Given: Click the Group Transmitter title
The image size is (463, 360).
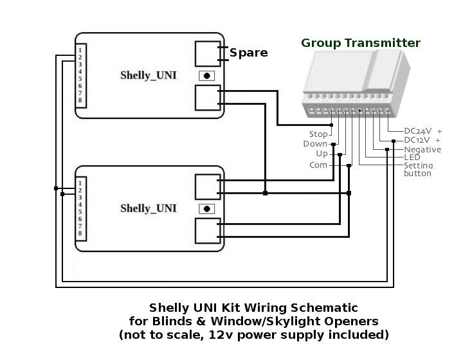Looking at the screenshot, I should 361,44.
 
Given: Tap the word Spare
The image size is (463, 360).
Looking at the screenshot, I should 248,53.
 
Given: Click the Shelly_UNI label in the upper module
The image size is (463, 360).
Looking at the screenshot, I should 149,75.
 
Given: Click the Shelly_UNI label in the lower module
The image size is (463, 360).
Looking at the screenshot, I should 149,208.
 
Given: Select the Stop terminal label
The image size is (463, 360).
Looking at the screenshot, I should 318,134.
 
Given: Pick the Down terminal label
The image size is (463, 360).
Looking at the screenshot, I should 315,144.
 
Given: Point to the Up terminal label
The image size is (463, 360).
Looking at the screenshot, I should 322,154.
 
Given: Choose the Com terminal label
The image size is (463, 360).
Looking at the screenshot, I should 318,165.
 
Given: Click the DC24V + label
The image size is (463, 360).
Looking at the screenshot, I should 422,130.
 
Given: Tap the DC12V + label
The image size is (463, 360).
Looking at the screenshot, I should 422,140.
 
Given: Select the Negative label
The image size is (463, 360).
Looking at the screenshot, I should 422,150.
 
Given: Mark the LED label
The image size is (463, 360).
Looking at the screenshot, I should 412,157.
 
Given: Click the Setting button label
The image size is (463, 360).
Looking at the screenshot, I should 419,169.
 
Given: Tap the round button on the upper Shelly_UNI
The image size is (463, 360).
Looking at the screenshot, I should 206,75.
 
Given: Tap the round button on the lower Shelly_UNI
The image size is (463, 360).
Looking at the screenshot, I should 206,208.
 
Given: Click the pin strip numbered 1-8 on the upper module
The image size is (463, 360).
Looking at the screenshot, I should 80,75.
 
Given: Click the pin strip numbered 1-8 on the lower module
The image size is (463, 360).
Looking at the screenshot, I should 80,208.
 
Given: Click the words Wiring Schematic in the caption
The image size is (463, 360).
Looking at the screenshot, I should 308,308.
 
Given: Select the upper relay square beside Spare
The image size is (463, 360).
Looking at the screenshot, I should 206,53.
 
